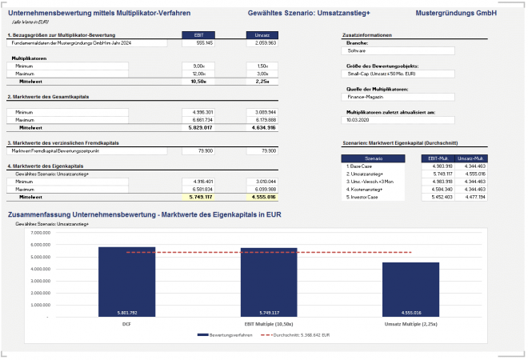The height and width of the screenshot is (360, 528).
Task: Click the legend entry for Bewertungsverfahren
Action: tap(222, 334)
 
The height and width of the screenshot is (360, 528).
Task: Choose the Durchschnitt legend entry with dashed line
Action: tap(295, 334)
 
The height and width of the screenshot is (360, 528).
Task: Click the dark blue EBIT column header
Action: tap(199, 35)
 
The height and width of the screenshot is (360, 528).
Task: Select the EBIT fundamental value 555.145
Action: tap(199, 42)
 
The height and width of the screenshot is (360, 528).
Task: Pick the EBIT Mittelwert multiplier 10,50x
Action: tap(199, 81)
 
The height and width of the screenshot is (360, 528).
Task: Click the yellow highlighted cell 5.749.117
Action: tap(199, 196)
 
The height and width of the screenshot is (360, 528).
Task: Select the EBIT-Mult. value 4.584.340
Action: tap(439, 188)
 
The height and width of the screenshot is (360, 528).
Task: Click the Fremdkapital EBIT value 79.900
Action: tap(199, 150)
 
